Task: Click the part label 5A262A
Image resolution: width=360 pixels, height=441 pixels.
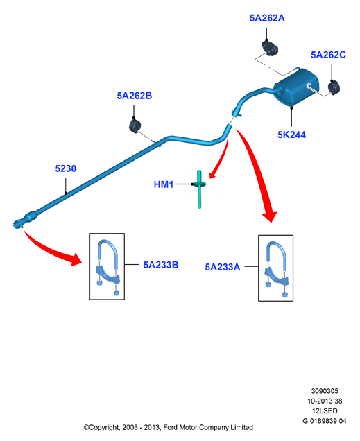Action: pos(267,18)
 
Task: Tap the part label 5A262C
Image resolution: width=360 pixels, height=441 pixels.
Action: pos(328,55)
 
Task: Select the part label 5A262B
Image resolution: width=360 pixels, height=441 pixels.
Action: pos(135,96)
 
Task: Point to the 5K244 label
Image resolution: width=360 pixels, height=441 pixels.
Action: pos(291,135)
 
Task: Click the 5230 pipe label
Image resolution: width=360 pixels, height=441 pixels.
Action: pos(65,168)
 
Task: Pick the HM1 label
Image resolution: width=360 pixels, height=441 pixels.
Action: pos(164,184)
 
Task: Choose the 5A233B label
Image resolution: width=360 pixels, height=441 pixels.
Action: pos(161,265)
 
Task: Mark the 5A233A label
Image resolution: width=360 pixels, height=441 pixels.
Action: pos(223,267)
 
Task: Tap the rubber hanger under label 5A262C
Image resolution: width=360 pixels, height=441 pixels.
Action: pos(334,88)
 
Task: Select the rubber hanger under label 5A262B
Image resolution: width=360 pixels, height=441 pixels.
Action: pos(135,126)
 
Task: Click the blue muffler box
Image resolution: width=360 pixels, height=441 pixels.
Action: pos(296,88)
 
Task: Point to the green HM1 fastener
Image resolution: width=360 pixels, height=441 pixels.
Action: pos(200,189)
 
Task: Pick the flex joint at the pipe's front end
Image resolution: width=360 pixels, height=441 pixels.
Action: pos(31,216)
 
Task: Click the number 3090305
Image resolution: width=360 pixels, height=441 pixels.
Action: pos(325,391)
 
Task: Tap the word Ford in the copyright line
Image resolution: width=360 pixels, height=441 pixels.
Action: pos(171,428)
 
